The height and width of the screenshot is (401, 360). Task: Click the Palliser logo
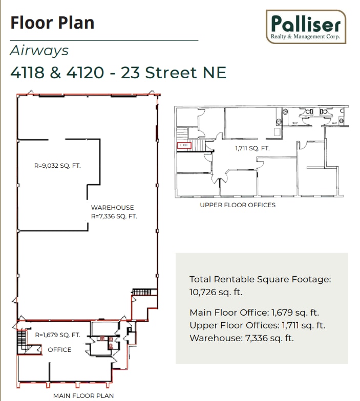(x=306, y=27)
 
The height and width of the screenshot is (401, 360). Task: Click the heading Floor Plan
(x=52, y=23)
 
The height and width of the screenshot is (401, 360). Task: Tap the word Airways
(x=39, y=51)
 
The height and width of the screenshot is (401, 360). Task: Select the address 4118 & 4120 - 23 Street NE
(x=118, y=73)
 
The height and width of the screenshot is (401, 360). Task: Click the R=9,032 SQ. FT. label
(x=57, y=166)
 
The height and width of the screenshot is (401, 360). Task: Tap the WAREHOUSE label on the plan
(x=112, y=208)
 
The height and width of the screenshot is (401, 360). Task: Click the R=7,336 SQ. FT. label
(x=114, y=216)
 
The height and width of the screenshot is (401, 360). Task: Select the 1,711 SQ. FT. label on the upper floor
(x=252, y=148)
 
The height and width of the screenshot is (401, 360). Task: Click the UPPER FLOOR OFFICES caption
(x=238, y=205)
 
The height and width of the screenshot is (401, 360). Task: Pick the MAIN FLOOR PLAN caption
(x=83, y=395)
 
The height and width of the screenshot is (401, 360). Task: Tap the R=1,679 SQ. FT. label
(x=57, y=335)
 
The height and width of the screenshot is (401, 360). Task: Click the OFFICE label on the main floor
(x=59, y=350)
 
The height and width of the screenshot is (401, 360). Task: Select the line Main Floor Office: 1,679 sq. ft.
(x=255, y=313)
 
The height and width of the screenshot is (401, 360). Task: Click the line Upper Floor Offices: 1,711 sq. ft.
(x=257, y=325)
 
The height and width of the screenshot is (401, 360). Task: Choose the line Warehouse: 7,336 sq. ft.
(x=241, y=338)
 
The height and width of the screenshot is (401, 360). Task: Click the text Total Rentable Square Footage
(x=260, y=279)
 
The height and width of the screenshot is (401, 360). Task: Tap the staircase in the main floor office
(x=21, y=339)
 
